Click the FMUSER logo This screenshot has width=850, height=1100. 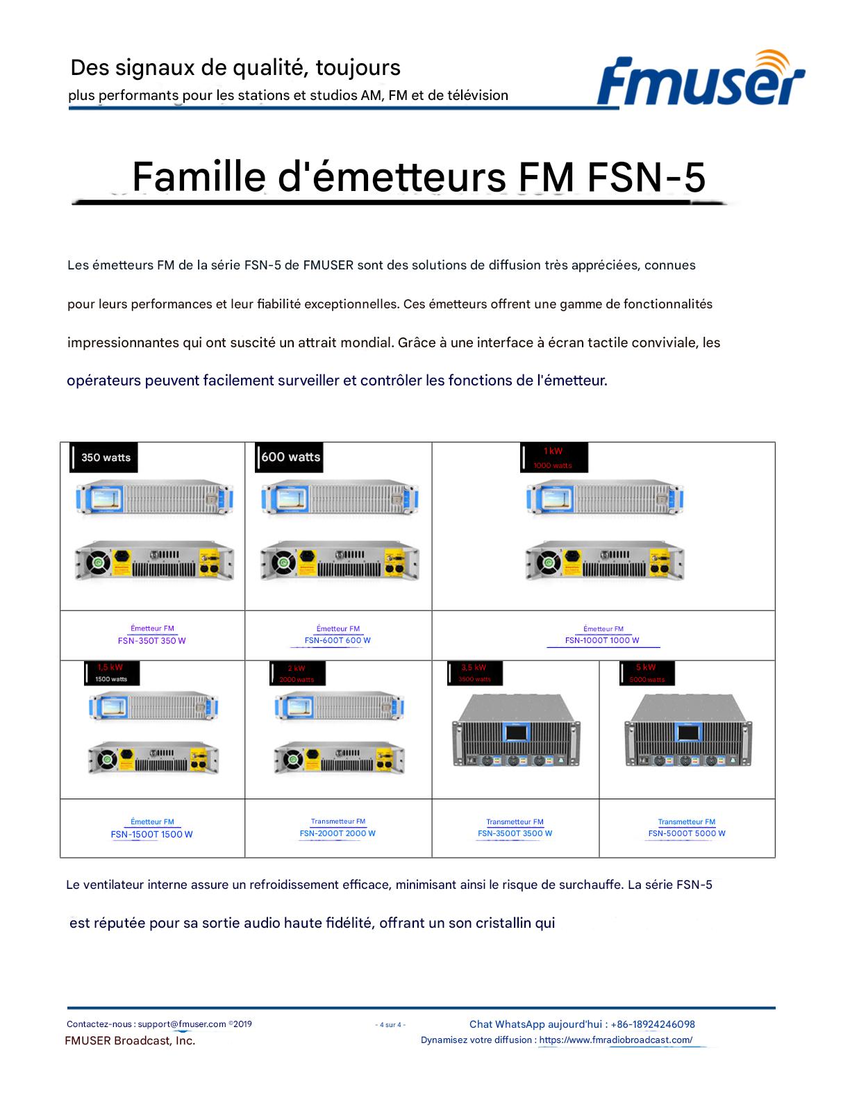pos(700,80)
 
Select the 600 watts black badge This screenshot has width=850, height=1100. pos(289,457)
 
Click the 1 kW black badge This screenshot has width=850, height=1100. pos(553,458)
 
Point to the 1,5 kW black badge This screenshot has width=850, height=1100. pos(110,673)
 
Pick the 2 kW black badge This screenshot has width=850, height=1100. pos(297,674)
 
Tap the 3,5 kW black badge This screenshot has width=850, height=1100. pos(475,673)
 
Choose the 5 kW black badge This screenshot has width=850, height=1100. pos(647,673)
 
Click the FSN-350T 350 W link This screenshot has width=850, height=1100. pos(152,641)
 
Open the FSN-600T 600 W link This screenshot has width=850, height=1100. pos(337,640)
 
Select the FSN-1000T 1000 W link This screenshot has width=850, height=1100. pos(602,640)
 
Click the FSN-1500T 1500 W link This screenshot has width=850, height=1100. pos(151,834)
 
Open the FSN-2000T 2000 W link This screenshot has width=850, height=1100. pos(337,833)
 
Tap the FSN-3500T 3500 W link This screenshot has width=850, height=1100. pos(515,833)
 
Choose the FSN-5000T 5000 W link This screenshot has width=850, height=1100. pos(687,833)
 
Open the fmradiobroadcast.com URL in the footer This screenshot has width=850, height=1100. pos(615,1040)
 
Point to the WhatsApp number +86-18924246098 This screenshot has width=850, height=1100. pos(653,1024)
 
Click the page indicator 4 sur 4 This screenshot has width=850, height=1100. pos(390,1024)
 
